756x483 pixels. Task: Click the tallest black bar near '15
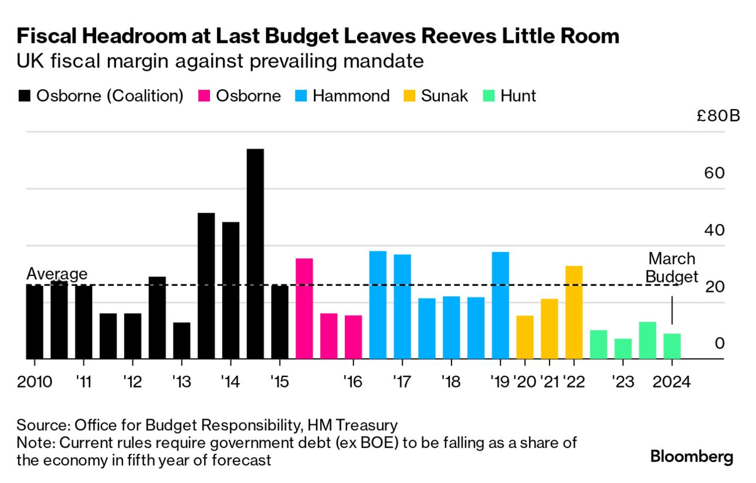pos(255,253)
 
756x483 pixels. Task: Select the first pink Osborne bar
pos(304,308)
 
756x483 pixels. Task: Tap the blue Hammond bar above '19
pos(500,305)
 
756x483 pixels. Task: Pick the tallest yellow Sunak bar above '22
pos(574,312)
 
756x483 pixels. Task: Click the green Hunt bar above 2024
pos(672,346)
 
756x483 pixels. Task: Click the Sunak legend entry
pos(437,96)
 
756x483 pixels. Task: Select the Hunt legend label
pos(518,96)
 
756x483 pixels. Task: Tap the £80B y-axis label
pos(718,115)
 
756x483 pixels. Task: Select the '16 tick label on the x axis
pos(352,382)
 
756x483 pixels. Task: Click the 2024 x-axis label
pos(672,382)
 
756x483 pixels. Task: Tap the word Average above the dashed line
pos(57,274)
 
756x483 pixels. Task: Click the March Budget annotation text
pos(672,268)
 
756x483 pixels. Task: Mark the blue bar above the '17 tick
pos(402,306)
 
